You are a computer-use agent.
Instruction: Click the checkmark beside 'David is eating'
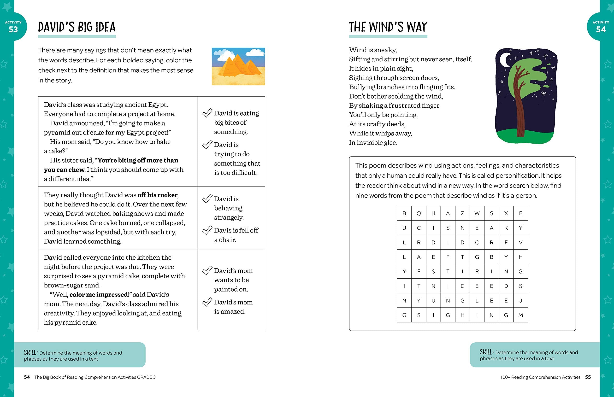(x=207, y=113)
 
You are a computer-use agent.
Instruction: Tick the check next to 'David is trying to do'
(x=207, y=144)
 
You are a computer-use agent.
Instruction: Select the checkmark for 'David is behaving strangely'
(x=207, y=198)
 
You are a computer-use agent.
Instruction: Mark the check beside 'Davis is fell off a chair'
(x=207, y=230)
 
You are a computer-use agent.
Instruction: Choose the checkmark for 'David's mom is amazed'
(x=207, y=302)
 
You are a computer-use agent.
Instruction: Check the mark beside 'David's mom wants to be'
(x=207, y=270)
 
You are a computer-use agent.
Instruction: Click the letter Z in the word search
(x=462, y=213)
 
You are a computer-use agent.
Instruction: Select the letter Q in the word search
(x=419, y=213)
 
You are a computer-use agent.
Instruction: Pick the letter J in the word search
(x=520, y=301)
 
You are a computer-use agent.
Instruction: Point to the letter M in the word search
(x=520, y=315)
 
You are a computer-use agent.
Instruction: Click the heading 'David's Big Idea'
(x=77, y=27)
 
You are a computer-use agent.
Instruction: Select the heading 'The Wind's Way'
(x=388, y=27)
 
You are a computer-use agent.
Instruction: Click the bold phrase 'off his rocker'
(x=158, y=195)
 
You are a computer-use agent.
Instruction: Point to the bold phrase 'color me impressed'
(x=99, y=295)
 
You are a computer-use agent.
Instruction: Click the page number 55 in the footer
(x=588, y=377)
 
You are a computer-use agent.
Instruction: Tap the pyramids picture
(x=238, y=66)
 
